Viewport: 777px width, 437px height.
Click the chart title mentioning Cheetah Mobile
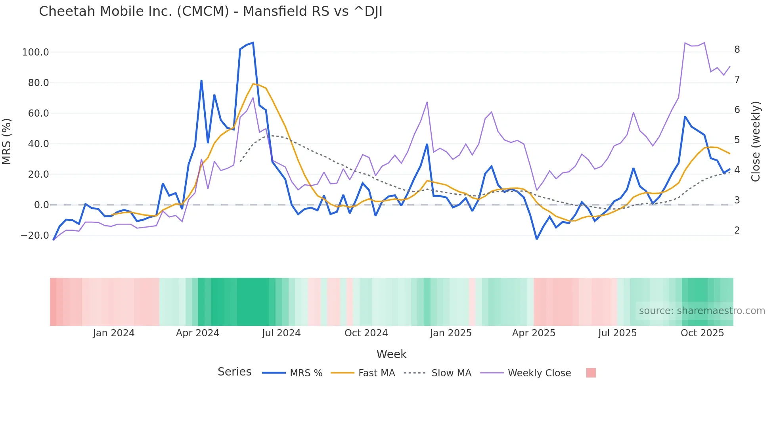210,11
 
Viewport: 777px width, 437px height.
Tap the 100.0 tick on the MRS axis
36,52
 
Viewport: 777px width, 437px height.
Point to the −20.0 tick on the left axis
35,236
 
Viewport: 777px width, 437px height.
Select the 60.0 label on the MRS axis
38,113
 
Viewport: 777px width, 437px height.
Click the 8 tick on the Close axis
737,50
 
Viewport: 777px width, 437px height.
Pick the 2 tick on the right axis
737,230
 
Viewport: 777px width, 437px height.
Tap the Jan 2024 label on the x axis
114,333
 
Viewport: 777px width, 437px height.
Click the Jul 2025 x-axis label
617,333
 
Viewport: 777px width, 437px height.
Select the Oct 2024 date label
366,333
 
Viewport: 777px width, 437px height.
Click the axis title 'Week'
391,354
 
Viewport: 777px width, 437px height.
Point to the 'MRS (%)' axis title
6,141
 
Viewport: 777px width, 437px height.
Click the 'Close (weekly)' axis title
756,141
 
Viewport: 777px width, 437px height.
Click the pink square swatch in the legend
591,373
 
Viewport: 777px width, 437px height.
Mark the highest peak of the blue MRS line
253,43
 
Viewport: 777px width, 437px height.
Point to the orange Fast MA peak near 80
253,84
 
